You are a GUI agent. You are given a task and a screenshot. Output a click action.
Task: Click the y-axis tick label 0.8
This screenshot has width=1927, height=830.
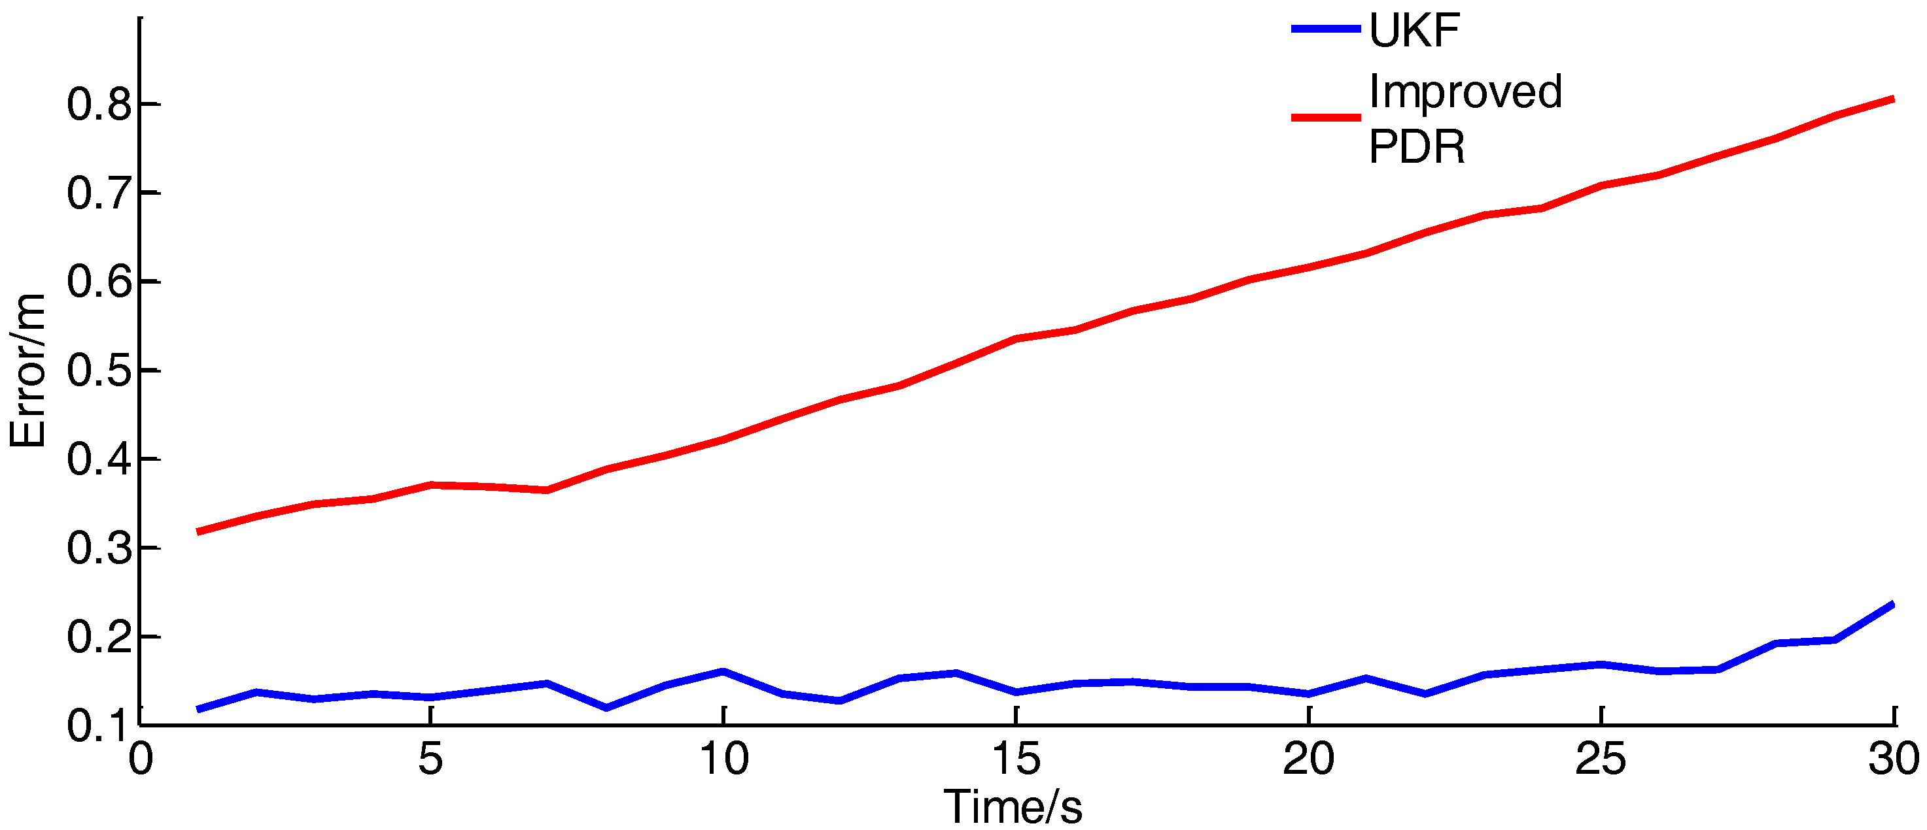point(99,105)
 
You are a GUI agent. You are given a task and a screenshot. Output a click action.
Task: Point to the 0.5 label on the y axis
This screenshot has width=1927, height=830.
point(99,371)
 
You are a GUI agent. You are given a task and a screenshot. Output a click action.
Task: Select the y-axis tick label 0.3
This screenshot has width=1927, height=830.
point(99,548)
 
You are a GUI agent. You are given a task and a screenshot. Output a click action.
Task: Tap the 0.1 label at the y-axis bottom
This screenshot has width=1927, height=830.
point(99,725)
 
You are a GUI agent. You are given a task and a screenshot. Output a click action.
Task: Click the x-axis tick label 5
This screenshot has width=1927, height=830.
point(431,759)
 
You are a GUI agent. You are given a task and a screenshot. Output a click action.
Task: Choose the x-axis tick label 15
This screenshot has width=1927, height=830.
point(1015,759)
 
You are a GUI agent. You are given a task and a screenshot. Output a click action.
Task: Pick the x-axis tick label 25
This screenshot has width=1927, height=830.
point(1600,759)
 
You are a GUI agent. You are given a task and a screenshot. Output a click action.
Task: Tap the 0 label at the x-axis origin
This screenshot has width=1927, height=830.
point(141,759)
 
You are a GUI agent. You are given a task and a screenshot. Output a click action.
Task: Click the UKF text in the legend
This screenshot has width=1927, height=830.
point(1414,31)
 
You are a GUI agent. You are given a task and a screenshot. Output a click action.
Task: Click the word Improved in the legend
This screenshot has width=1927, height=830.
point(1465,92)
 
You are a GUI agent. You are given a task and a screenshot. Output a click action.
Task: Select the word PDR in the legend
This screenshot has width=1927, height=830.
point(1416,146)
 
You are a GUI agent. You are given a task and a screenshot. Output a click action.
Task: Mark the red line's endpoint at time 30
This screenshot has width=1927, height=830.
point(1892,99)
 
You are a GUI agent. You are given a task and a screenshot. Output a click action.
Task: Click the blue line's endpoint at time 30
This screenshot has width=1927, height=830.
point(1892,603)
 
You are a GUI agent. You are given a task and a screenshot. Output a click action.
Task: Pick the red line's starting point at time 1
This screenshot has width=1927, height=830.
point(198,531)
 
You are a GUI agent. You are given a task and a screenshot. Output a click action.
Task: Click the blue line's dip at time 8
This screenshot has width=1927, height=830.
point(606,707)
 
